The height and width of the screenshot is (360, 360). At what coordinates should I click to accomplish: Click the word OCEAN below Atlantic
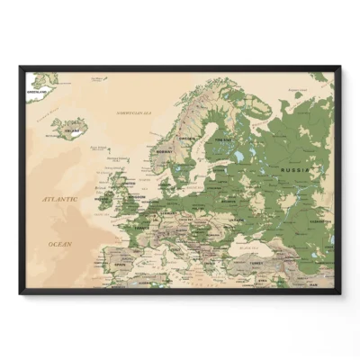[59, 243]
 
